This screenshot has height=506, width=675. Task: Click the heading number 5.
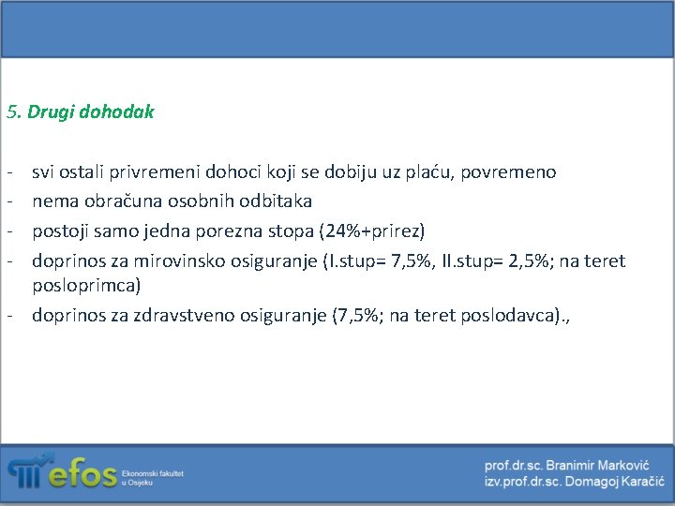pyautogui.click(x=12, y=112)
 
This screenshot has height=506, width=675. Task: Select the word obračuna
pyautogui.click(x=116, y=201)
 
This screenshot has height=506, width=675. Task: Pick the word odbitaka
pyautogui.click(x=277, y=201)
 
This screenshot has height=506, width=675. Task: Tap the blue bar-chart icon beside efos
pyautogui.click(x=27, y=471)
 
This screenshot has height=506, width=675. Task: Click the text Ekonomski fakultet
pyautogui.click(x=153, y=474)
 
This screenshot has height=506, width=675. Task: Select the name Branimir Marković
pyautogui.click(x=601, y=466)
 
